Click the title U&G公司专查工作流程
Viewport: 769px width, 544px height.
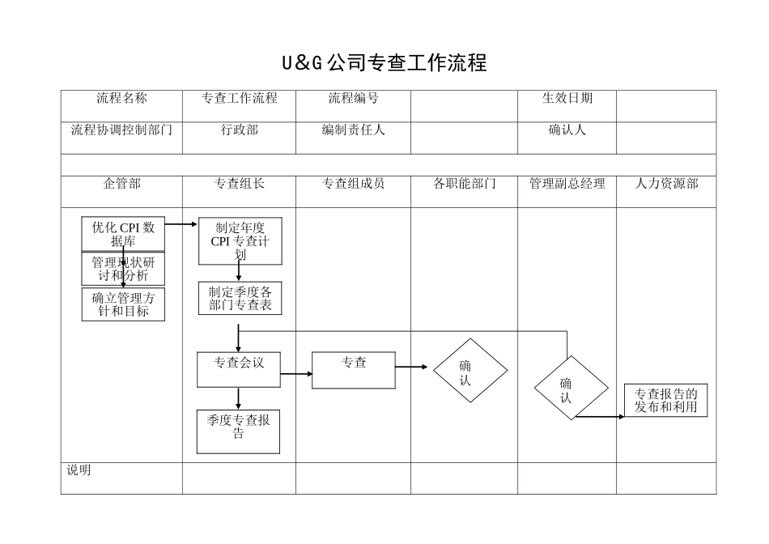(384, 63)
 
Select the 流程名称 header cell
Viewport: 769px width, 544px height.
(121, 98)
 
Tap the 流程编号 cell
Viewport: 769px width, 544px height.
(353, 98)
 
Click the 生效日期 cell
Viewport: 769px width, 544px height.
(567, 98)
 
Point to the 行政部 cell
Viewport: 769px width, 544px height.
(239, 130)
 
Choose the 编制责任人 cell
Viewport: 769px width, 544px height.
(353, 130)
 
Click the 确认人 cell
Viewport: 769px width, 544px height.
(567, 130)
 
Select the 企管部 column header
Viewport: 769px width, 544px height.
(121, 184)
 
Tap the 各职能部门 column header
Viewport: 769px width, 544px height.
(465, 184)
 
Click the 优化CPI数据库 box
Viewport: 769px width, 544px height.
(123, 234)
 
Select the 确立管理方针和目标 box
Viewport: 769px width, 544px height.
(123, 304)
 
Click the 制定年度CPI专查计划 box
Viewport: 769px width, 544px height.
(240, 241)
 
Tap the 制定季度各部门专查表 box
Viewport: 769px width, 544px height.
(240, 298)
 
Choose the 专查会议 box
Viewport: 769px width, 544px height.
(239, 369)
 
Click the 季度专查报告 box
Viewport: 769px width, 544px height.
(239, 431)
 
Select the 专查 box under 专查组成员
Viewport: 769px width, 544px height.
(354, 370)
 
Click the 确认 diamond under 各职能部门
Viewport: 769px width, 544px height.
(470, 370)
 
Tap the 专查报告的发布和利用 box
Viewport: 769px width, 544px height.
(665, 400)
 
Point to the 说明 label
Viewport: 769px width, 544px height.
(79, 470)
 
